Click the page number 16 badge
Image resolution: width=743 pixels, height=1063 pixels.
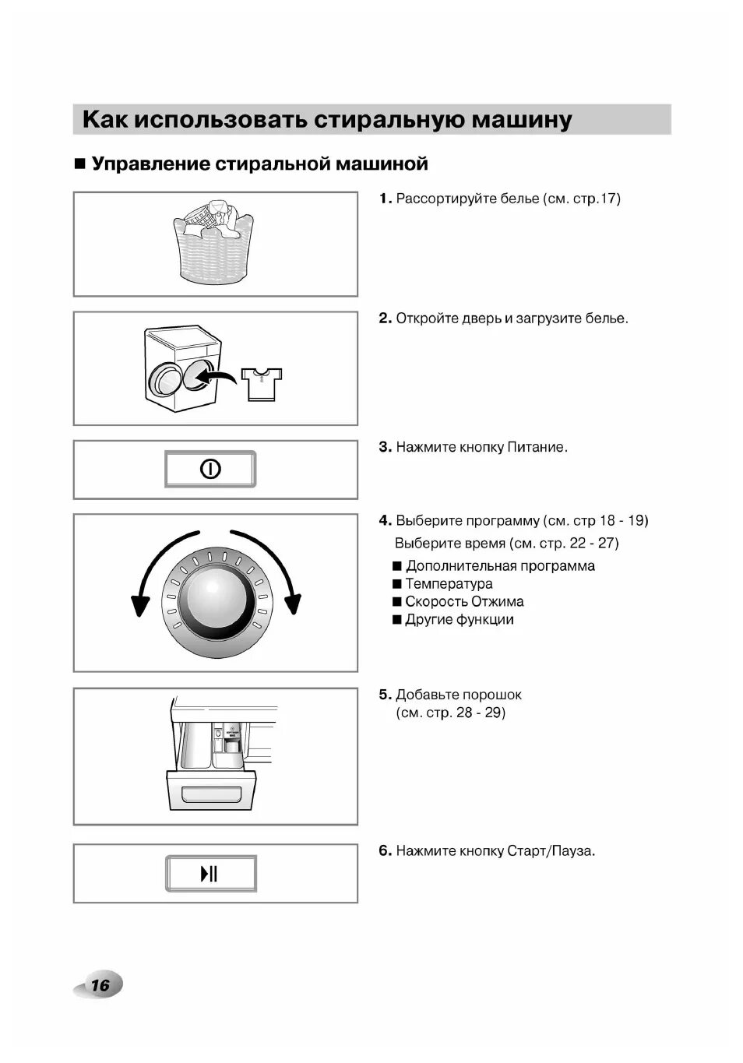(x=100, y=985)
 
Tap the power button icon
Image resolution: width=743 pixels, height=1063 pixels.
(x=210, y=469)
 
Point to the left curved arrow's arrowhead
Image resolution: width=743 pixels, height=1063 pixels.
(x=140, y=604)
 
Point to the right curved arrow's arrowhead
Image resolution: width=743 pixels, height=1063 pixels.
(x=292, y=604)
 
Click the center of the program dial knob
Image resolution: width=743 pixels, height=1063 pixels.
(x=216, y=597)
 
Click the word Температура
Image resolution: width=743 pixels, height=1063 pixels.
(x=449, y=584)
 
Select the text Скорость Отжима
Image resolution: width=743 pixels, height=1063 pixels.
(x=464, y=602)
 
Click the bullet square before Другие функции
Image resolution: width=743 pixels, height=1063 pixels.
(x=397, y=620)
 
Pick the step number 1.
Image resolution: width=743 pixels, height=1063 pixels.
(x=384, y=199)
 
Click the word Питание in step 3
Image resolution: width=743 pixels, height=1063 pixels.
(x=537, y=448)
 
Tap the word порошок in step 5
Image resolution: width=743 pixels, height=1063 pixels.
(x=492, y=695)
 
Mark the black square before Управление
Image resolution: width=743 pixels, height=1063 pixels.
(x=79, y=164)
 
